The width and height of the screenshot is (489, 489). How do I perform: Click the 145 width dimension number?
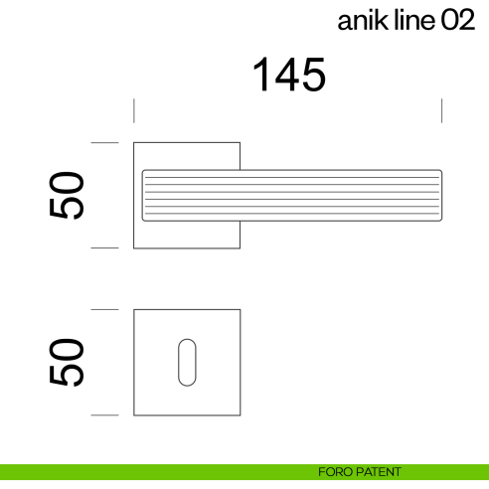click(x=288, y=76)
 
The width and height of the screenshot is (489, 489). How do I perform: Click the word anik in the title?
click(x=361, y=22)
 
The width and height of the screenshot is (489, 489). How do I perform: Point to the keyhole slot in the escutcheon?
click(x=186, y=362)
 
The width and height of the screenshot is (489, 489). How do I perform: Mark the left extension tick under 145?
click(x=134, y=110)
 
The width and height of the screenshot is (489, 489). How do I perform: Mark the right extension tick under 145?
click(x=441, y=110)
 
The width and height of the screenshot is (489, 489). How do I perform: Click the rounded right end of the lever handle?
click(x=438, y=195)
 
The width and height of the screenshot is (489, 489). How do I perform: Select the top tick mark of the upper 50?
click(x=104, y=143)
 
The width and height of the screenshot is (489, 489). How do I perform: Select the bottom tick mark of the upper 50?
click(x=104, y=247)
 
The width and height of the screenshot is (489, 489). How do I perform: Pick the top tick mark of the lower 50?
click(x=104, y=310)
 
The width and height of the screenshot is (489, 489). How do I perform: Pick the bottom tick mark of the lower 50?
click(x=104, y=414)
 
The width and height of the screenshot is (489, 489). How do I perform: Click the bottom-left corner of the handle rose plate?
click(x=135, y=246)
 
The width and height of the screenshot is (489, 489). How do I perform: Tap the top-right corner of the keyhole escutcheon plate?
click(x=239, y=311)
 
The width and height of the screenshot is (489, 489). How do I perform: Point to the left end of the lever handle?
click(x=145, y=195)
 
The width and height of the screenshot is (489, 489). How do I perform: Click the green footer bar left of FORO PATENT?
click(x=149, y=472)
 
